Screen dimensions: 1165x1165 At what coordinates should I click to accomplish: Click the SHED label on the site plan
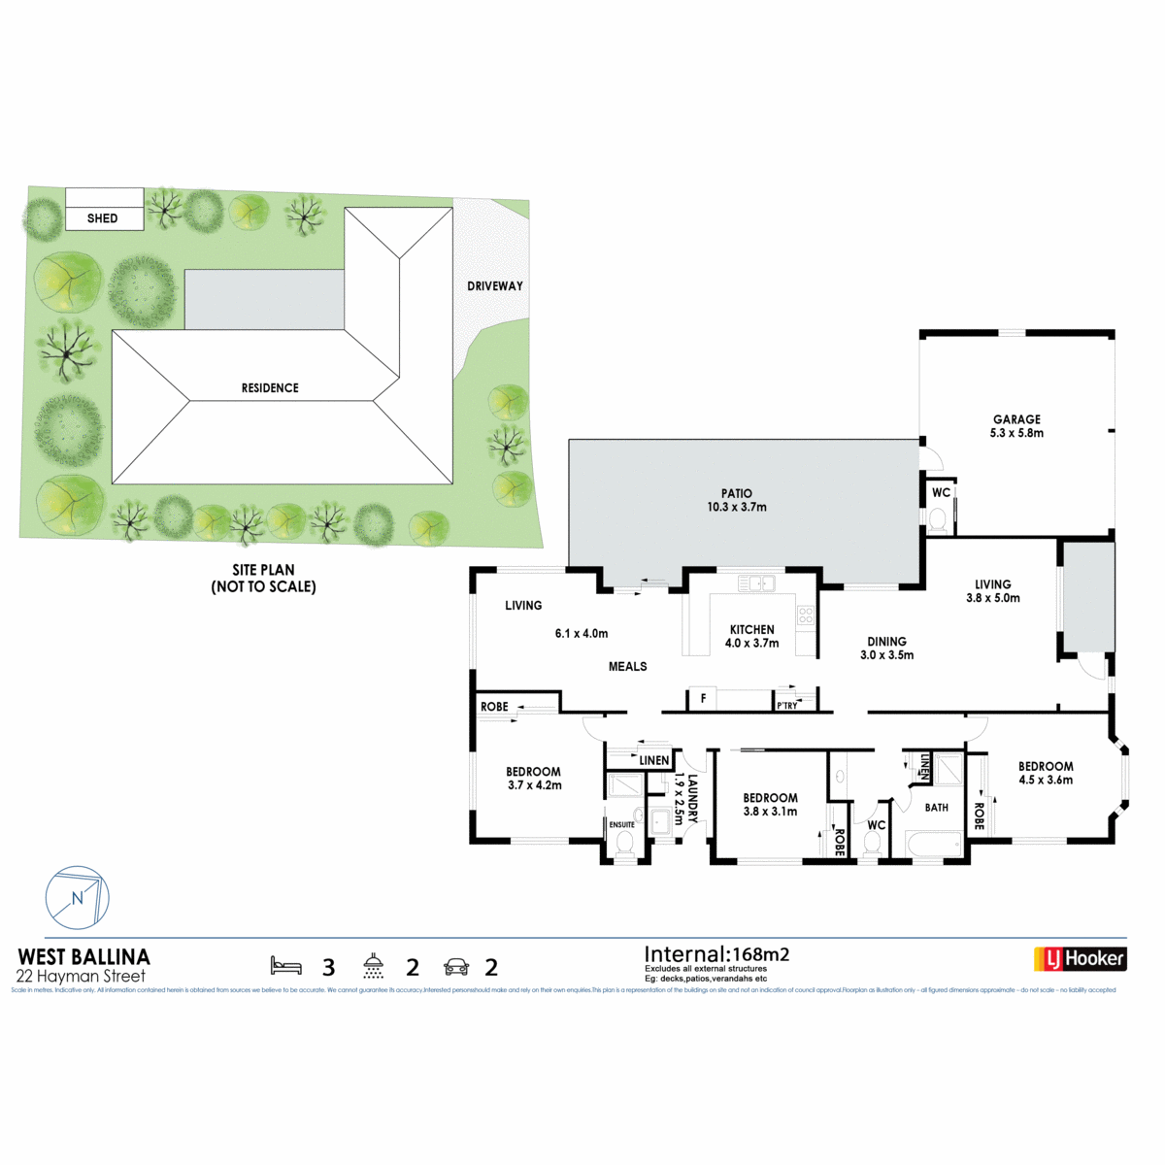tap(102, 218)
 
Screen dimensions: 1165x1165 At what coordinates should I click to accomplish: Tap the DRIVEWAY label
tap(495, 286)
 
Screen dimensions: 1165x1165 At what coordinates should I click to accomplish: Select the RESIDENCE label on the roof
tap(270, 388)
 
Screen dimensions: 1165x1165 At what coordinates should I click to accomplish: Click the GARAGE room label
tap(1016, 419)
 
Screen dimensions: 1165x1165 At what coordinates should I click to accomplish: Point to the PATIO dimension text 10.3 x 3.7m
tap(737, 507)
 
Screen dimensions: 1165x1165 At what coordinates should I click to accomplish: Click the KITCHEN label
tap(752, 629)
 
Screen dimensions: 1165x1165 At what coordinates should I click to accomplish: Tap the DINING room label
tap(886, 642)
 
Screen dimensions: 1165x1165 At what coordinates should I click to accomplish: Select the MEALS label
tap(627, 667)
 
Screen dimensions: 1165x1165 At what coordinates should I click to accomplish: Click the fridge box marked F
tap(703, 698)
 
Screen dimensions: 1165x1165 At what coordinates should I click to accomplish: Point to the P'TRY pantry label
tap(787, 706)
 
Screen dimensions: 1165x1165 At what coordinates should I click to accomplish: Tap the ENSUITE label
tap(621, 825)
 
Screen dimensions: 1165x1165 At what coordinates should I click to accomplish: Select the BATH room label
tap(937, 808)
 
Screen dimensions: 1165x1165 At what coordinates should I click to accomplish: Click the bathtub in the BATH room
tap(933, 845)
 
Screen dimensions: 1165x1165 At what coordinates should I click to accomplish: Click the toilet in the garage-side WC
tap(938, 521)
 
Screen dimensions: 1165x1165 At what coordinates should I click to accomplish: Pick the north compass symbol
tap(78, 898)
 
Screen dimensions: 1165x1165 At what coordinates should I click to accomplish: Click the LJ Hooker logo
tap(1080, 959)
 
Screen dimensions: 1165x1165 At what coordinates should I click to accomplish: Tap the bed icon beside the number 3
tap(285, 966)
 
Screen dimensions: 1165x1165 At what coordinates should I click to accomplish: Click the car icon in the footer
tap(455, 967)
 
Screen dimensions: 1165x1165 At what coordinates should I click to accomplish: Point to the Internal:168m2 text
tap(716, 954)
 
